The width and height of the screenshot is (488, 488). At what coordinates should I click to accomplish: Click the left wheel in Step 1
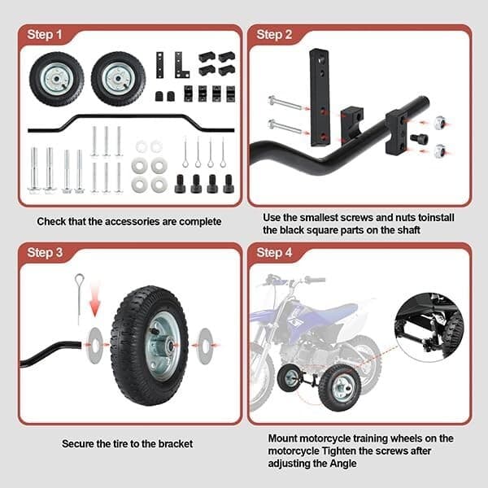pyautogui.click(x=56, y=79)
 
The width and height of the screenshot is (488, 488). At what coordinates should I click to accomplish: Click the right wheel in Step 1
pyautogui.click(x=118, y=79)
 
